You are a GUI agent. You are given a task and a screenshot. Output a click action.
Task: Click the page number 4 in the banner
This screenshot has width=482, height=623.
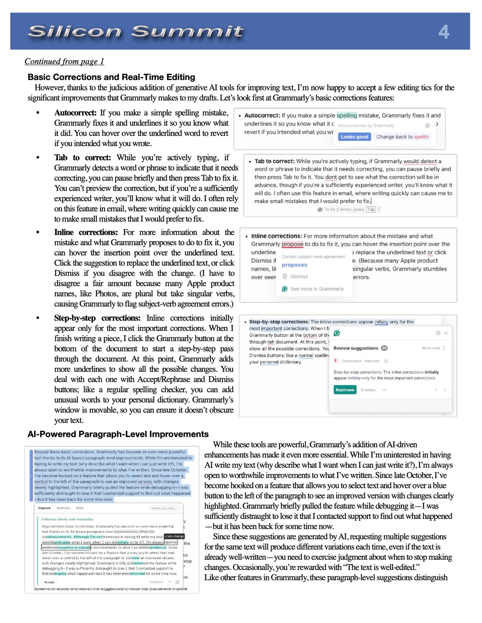pyautogui.click(x=444, y=32)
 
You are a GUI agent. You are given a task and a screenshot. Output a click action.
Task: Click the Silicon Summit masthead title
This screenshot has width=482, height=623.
pyautogui.click(x=135, y=31)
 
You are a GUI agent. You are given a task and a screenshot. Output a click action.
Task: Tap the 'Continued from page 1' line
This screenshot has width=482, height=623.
pyautogui.click(x=64, y=62)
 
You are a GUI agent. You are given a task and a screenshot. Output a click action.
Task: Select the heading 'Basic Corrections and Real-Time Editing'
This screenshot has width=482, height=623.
pyautogui.click(x=111, y=77)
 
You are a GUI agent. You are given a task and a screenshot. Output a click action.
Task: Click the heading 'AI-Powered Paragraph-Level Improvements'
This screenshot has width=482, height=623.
pyautogui.click(x=118, y=434)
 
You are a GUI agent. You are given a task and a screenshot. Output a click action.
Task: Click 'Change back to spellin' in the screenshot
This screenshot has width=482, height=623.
pyautogui.click(x=402, y=137)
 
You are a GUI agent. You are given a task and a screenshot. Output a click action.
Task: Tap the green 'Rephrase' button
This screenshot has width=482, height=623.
pyautogui.click(x=345, y=390)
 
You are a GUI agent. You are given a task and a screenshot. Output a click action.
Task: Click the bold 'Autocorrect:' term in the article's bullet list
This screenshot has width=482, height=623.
pyautogui.click(x=75, y=113)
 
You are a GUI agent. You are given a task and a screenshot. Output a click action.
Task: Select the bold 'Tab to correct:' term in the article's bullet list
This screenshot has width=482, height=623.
pyautogui.click(x=82, y=158)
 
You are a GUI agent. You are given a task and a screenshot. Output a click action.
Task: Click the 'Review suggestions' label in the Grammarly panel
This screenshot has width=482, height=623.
pyautogui.click(x=356, y=348)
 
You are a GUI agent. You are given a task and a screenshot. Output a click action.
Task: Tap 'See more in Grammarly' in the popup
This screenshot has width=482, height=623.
pyautogui.click(x=317, y=289)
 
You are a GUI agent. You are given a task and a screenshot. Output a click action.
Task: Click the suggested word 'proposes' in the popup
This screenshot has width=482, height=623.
pyautogui.click(x=294, y=265)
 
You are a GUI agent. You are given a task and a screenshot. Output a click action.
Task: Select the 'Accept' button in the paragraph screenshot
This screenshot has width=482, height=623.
pyautogui.click(x=49, y=582)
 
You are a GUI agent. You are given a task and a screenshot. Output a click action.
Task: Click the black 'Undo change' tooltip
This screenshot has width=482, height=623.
pyautogui.click(x=174, y=536)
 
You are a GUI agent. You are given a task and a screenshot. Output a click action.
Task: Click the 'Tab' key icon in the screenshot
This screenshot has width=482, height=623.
pyautogui.click(x=371, y=210)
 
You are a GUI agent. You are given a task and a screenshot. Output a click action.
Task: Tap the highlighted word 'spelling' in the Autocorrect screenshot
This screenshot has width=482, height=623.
pyautogui.click(x=346, y=115)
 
